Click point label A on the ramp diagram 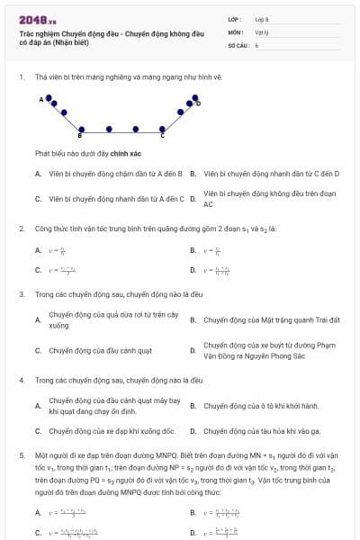pyautogui.click(x=40, y=98)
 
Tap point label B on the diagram pyautogui.click(x=80, y=136)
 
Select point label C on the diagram pyautogui.click(x=162, y=136)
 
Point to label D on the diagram pyautogui.click(x=198, y=103)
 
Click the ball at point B pyautogui.click(x=82, y=129)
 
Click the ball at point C pyautogui.click(x=163, y=129)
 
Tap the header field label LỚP pyautogui.click(x=235, y=18)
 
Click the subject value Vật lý pyautogui.click(x=262, y=31)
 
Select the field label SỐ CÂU pyautogui.click(x=238, y=44)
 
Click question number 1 pyautogui.click(x=21, y=76)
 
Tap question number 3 pyautogui.click(x=21, y=293)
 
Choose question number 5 pyautogui.click(x=21, y=456)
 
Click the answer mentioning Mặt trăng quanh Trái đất pyautogui.click(x=258, y=319)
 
